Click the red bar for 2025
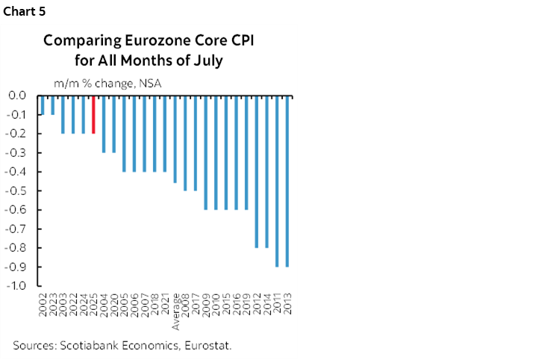click(x=93, y=114)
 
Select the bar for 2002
click(x=43, y=105)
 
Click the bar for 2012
click(x=256, y=172)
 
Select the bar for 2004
click(x=104, y=124)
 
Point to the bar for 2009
click(x=205, y=152)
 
